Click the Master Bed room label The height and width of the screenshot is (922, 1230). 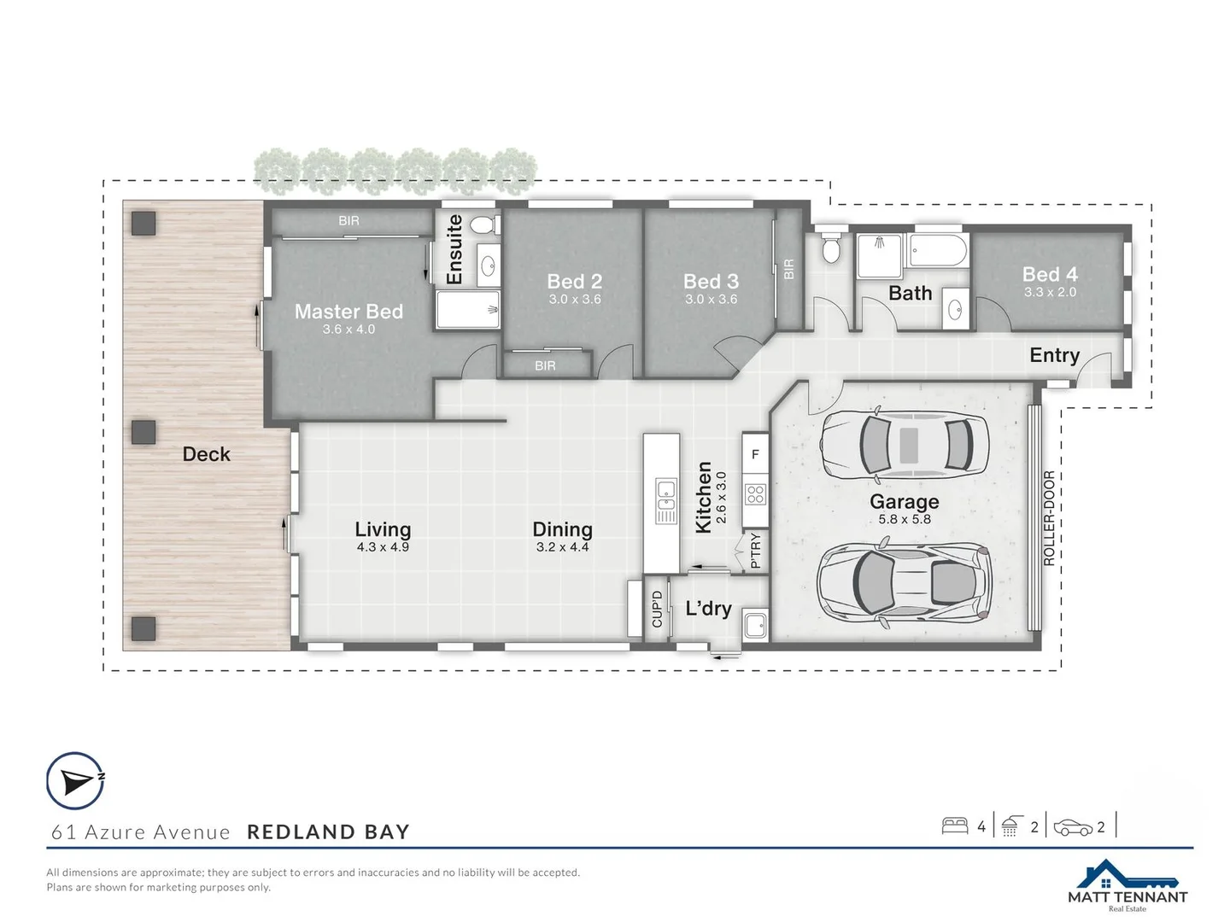(348, 312)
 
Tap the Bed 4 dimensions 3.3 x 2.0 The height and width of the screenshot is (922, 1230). (1050, 292)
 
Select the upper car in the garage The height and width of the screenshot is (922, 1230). (904, 443)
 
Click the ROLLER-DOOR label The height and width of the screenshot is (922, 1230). (1049, 518)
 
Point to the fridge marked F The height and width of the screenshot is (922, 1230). (755, 455)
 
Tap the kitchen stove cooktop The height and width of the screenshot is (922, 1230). (755, 493)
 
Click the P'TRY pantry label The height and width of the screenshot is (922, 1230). (755, 551)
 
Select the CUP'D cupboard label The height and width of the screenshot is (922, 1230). (657, 610)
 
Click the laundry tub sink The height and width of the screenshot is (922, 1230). (755, 624)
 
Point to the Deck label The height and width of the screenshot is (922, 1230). (206, 454)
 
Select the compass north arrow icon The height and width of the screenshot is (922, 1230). (75, 780)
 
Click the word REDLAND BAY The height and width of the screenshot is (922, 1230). (328, 832)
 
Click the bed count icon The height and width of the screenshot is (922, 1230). (954, 826)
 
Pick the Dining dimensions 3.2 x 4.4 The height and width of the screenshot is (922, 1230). (562, 547)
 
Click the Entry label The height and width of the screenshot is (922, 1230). (1054, 355)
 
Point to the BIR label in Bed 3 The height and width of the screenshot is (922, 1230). (788, 269)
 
